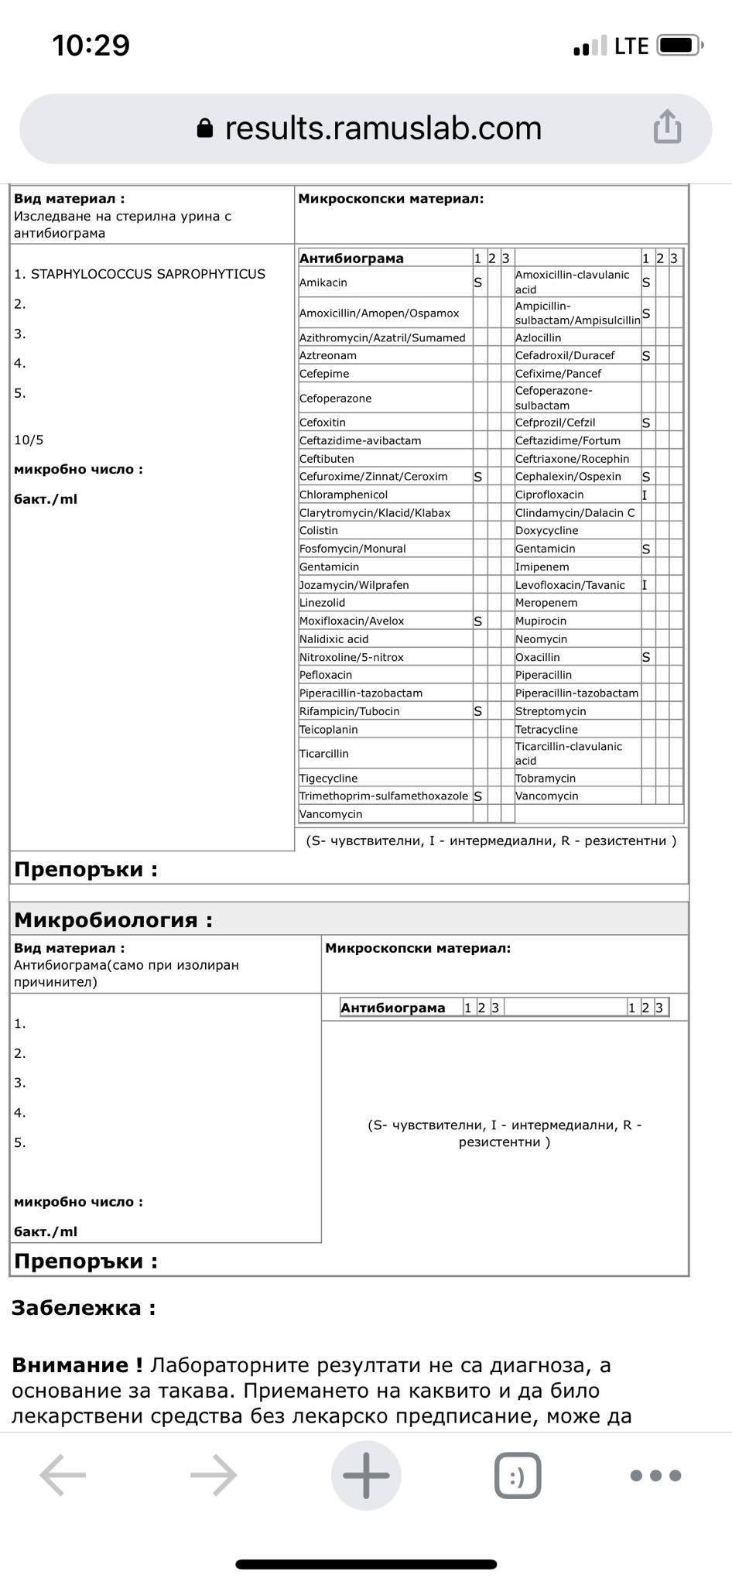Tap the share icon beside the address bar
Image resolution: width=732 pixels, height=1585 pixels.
[667, 127]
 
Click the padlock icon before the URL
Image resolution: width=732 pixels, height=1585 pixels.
[205, 128]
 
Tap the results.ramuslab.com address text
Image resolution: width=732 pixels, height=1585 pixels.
[383, 128]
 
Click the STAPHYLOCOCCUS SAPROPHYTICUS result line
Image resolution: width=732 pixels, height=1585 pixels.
[139, 274]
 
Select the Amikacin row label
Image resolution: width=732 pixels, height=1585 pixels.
[323, 282]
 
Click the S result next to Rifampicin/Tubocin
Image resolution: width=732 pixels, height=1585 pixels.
[478, 711]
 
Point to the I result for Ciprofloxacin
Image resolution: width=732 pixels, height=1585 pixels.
[645, 495]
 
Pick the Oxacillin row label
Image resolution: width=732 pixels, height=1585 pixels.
[538, 657]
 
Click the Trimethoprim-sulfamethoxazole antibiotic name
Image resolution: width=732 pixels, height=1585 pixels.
[384, 796]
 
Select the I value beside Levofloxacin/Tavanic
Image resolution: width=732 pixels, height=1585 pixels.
[645, 585]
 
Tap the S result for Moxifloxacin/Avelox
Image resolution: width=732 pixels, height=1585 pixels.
[478, 621]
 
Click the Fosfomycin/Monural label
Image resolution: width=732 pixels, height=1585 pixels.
[353, 549]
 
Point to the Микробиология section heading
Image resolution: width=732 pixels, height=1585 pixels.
[113, 919]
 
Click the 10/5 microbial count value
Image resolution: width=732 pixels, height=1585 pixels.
[29, 440]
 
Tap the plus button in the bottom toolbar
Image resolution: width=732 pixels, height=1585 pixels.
[366, 1475]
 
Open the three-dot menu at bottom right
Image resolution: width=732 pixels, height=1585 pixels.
[655, 1475]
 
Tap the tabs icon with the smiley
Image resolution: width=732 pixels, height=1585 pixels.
[517, 1475]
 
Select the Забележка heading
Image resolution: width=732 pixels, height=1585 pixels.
[84, 1308]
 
